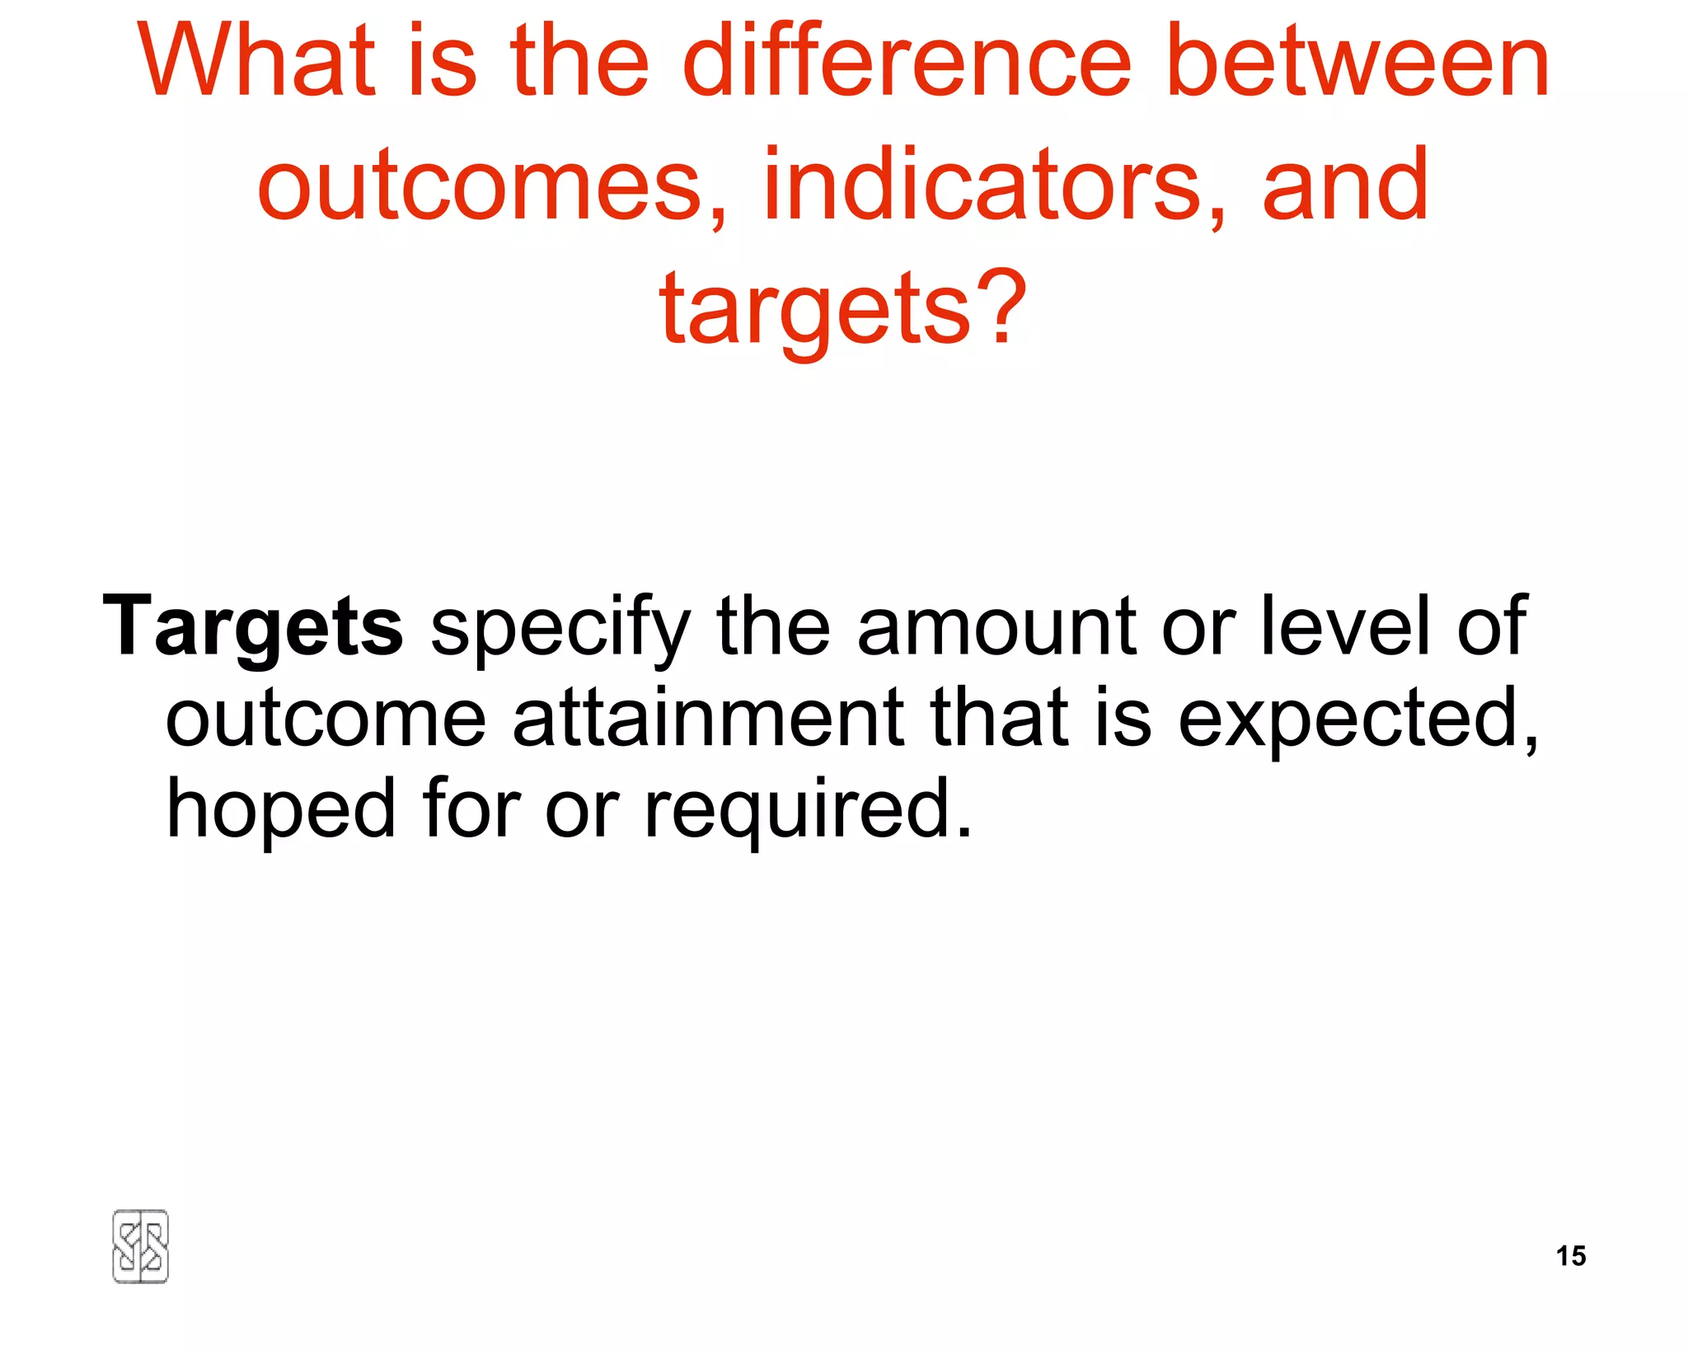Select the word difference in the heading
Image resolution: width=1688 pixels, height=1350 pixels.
pos(907,62)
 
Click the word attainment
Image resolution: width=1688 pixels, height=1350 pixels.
pos(709,717)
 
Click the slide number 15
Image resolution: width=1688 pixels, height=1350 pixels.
pos(1571,1255)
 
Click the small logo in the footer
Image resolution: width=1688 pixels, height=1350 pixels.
pos(140,1246)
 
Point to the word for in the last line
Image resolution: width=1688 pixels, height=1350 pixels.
pos(471,808)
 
